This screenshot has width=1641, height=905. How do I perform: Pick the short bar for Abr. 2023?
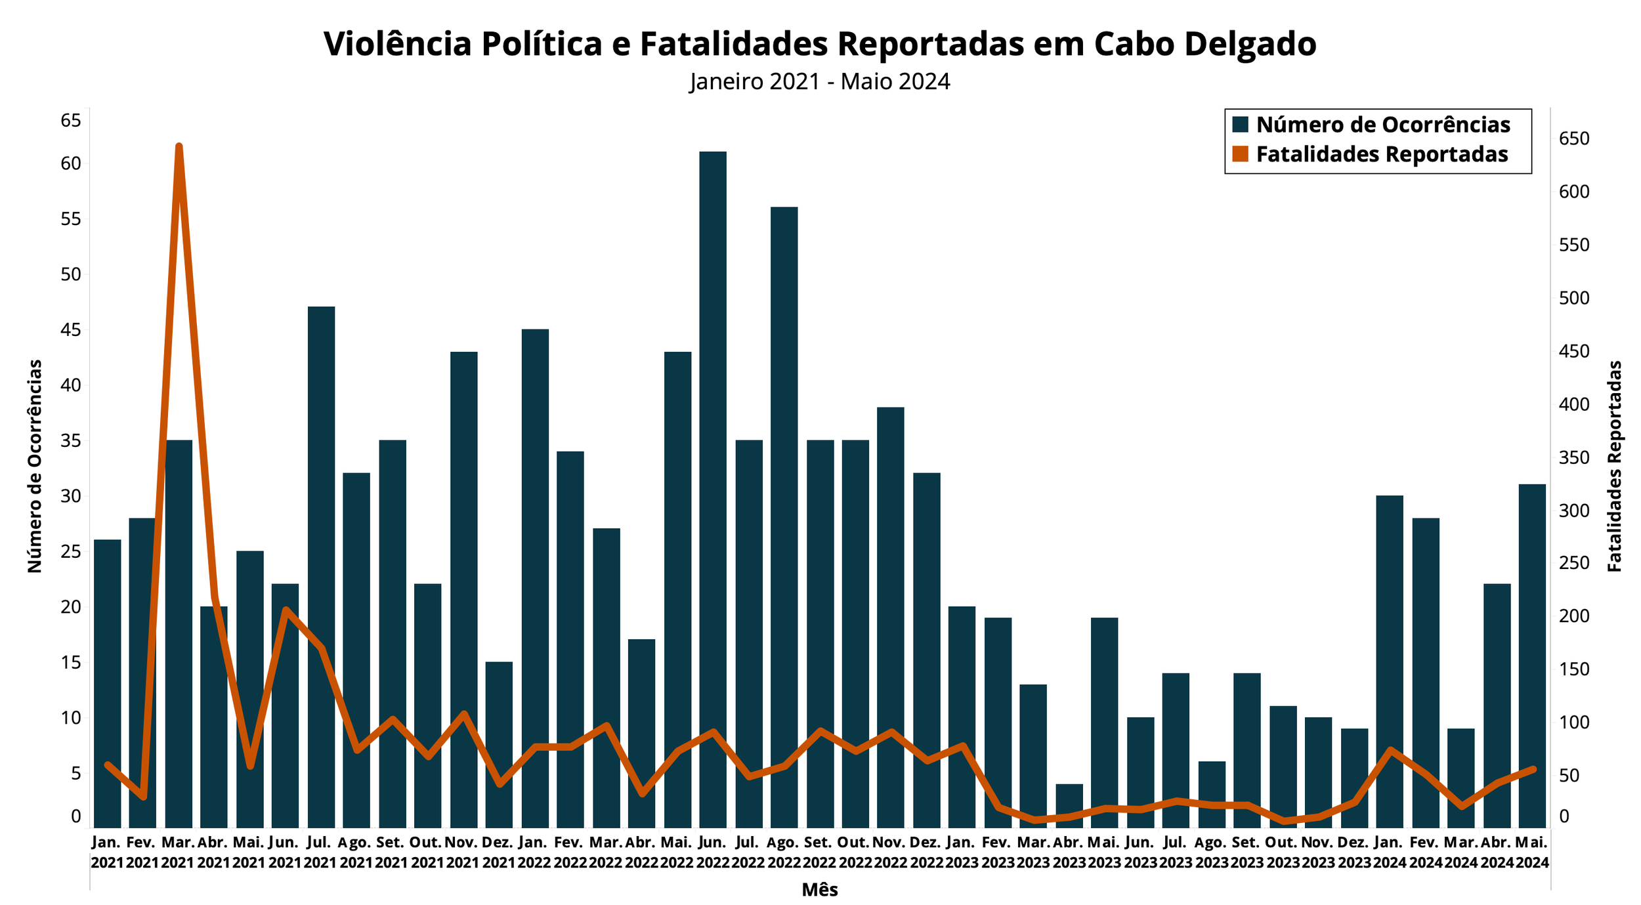(x=1069, y=806)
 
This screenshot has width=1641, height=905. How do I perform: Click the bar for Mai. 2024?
(x=1532, y=656)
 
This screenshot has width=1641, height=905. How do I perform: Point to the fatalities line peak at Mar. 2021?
(x=179, y=146)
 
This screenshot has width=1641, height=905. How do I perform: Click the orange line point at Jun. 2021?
(x=286, y=610)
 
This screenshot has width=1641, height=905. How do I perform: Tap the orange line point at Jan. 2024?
(x=1390, y=749)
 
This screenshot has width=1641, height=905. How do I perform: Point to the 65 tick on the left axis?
(x=71, y=121)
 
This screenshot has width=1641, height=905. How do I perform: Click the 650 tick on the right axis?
(x=1574, y=138)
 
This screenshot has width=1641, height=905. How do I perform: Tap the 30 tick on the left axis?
(x=71, y=496)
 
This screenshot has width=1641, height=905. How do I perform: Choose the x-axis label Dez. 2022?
(x=926, y=852)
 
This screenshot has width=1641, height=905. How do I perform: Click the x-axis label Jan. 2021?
(x=107, y=852)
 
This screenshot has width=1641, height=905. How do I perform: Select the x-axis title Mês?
(x=820, y=890)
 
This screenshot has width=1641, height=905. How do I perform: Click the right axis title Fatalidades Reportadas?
(x=1615, y=466)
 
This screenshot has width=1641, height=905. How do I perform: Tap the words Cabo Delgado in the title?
(x=1204, y=44)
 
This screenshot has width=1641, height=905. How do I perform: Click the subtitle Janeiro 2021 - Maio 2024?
(x=820, y=81)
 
